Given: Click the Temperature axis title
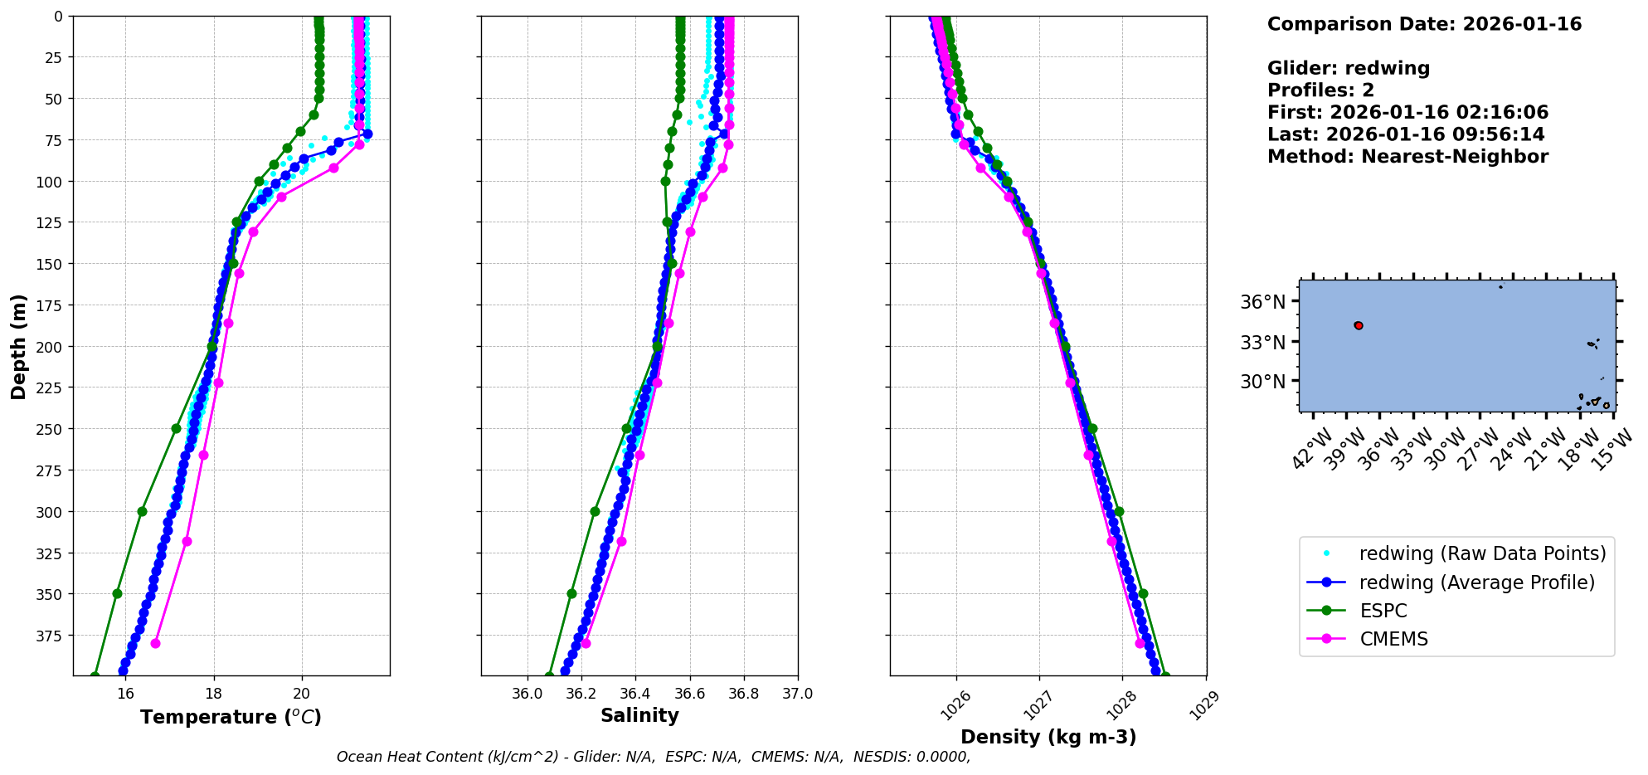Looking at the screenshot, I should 231,717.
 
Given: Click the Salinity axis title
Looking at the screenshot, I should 639,715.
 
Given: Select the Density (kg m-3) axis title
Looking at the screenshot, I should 1048,737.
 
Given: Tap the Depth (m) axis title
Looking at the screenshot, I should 18,346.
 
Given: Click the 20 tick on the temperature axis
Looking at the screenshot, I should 302,694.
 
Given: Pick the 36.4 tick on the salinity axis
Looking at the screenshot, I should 635,694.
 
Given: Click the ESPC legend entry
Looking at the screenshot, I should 1383,611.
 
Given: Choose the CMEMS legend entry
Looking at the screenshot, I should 1393,639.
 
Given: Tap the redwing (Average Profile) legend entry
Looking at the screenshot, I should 1476,582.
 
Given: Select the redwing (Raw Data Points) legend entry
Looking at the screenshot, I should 1482,553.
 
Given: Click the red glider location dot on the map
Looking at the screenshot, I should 1359,325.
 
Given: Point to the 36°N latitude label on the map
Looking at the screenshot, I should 1262,302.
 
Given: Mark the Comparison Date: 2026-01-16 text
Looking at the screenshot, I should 1424,24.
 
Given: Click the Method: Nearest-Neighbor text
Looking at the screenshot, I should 1407,157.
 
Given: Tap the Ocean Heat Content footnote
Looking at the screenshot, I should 653,757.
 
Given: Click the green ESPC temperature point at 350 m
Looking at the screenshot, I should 117,593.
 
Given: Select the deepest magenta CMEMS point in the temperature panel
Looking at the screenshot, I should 155,643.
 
